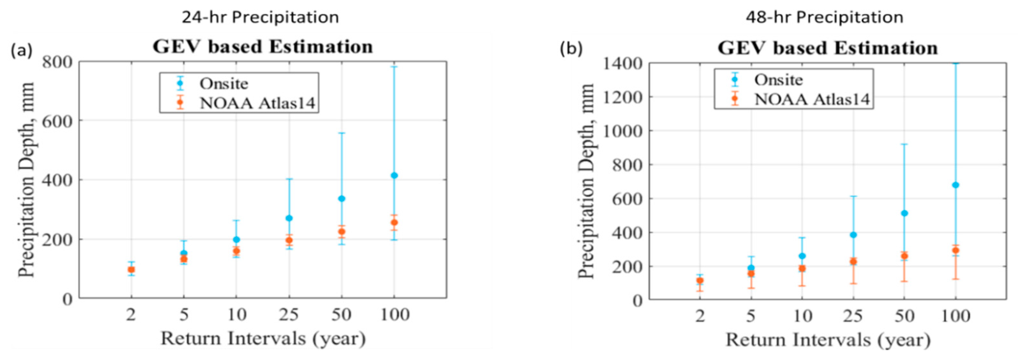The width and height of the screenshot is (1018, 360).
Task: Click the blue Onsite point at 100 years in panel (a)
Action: coord(394,175)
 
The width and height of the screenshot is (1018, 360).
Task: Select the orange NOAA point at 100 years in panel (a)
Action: coord(394,223)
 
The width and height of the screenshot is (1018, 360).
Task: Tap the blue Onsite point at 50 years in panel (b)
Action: coord(904,213)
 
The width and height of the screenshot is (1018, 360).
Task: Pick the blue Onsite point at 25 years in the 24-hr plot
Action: coord(289,218)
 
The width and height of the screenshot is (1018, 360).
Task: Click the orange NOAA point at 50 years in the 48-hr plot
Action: coord(904,256)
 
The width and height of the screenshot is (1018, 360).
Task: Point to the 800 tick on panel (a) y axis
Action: coord(57,62)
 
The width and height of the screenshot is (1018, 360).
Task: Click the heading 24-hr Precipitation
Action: coord(260,17)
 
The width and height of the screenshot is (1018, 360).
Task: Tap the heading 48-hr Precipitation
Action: coord(824,17)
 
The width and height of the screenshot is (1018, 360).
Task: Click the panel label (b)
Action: coord(571,49)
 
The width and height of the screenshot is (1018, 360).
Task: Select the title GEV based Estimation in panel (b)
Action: coord(828,48)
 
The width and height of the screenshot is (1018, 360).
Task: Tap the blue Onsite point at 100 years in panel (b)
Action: coord(956,185)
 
